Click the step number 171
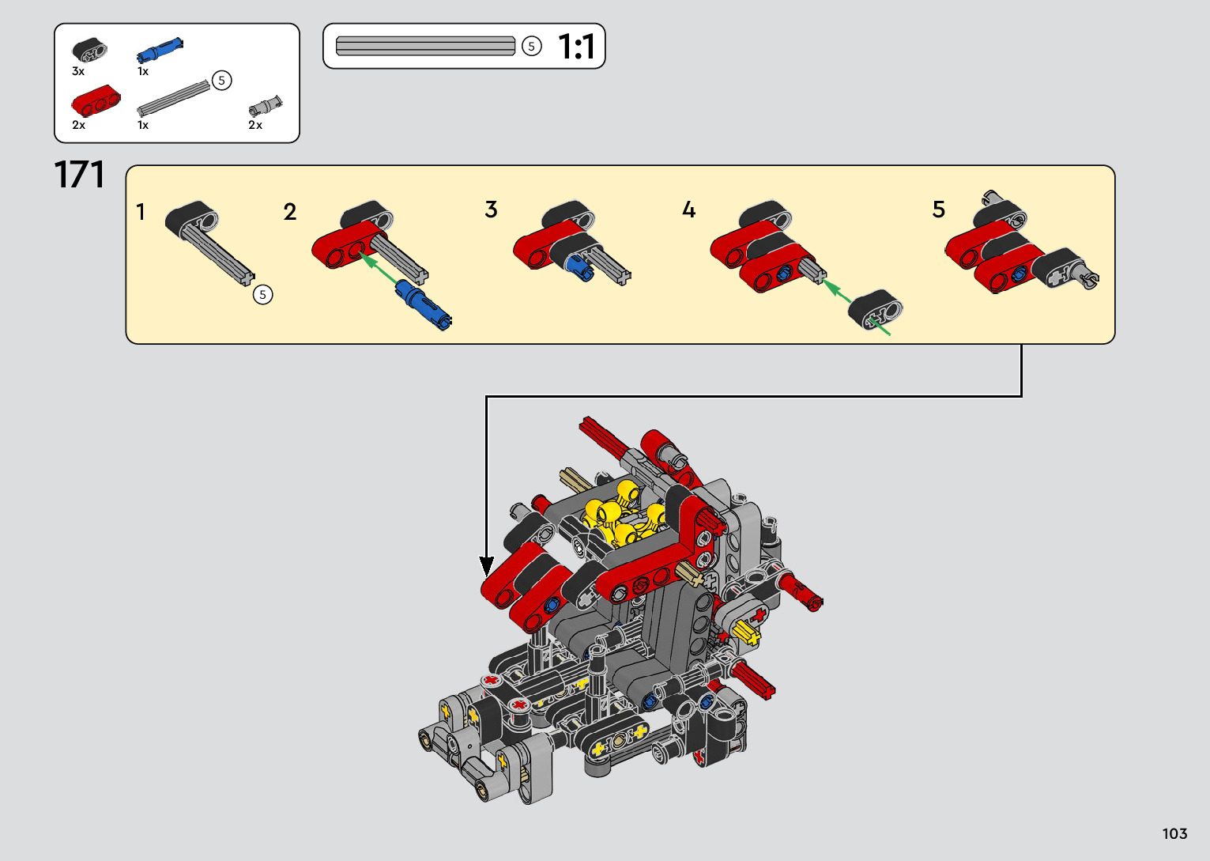(x=79, y=175)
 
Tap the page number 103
(x=1175, y=833)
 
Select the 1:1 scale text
(x=576, y=47)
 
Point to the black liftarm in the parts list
(x=89, y=50)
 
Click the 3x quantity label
(x=78, y=71)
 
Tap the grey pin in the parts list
(x=266, y=106)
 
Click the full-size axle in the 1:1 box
(x=425, y=46)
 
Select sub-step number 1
(x=141, y=212)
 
